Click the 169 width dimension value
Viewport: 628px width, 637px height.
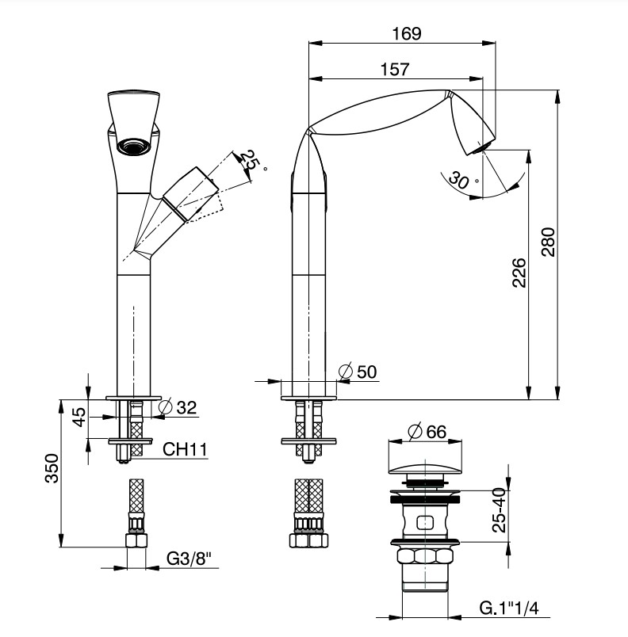(407, 33)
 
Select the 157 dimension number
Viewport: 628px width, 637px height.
(395, 70)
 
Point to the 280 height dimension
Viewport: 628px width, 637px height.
(549, 242)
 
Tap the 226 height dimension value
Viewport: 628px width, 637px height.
(519, 273)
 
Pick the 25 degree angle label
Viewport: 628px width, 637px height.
(252, 161)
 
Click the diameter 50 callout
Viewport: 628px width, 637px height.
(358, 372)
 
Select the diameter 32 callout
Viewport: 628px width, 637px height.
(178, 407)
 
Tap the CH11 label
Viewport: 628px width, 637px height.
(185, 449)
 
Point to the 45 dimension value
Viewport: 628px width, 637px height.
(80, 417)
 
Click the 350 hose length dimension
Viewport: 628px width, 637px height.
(52, 468)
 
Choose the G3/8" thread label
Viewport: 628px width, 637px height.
(189, 559)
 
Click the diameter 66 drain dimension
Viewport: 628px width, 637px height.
(427, 432)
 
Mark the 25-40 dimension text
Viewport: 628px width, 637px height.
(499, 510)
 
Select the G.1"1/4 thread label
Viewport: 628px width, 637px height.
(509, 608)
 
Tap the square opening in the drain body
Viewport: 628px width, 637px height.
(425, 522)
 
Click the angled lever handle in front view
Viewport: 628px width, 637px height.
(191, 194)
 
